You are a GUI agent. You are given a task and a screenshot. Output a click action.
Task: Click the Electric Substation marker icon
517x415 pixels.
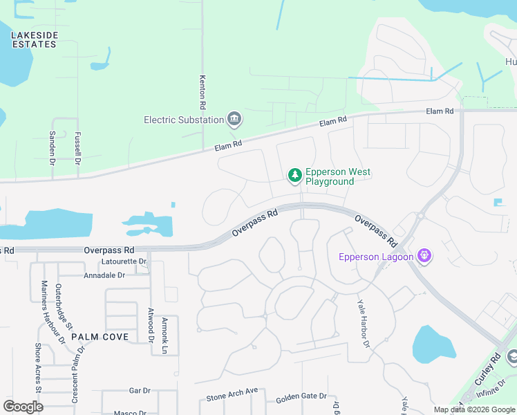234,120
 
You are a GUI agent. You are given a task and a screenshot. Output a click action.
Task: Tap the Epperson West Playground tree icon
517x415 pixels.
295,176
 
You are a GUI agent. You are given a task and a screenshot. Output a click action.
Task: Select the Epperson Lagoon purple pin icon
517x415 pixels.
424,257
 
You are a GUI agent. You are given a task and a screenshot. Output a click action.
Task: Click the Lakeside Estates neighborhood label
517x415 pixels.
34,39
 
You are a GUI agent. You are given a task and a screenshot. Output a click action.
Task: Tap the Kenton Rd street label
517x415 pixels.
203,93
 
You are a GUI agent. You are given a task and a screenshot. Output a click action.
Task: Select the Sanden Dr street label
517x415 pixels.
52,149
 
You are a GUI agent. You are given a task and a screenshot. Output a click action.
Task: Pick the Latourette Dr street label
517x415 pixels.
124,261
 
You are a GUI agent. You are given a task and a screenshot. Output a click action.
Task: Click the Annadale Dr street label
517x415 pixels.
103,275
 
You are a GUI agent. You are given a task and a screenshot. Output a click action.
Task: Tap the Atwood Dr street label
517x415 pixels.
151,325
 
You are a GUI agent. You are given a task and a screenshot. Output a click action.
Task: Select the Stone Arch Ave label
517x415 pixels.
232,395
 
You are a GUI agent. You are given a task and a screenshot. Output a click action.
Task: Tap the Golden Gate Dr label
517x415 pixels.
301,396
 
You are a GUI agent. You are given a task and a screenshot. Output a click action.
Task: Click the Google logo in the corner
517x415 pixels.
23,406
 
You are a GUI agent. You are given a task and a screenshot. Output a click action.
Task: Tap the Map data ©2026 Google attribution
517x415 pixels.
474,409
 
